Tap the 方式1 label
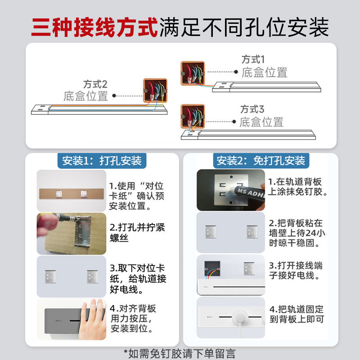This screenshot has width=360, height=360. [253, 59]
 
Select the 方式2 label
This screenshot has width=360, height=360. [95, 84]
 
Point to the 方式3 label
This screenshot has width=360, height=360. [252, 109]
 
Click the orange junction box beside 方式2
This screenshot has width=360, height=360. [155, 90]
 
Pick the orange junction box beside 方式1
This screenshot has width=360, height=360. [193, 73]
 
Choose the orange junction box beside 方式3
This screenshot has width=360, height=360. [193, 116]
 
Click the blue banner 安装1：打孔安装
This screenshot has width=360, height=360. [102, 161]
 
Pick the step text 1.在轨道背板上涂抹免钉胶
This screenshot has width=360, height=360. [297, 187]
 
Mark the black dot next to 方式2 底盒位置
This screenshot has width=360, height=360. [114, 95]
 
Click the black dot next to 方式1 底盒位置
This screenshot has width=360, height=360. [235, 71]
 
